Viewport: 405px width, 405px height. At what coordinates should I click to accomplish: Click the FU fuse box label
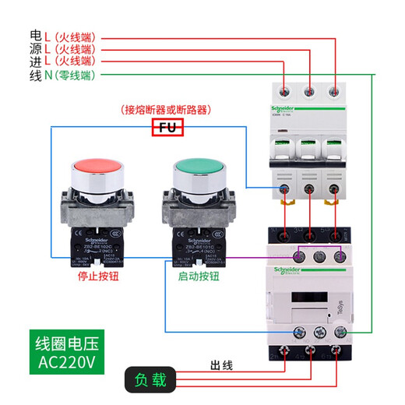click(x=167, y=128)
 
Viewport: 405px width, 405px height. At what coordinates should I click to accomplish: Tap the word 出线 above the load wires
click(x=224, y=364)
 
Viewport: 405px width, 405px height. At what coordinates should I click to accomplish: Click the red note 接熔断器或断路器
click(x=167, y=109)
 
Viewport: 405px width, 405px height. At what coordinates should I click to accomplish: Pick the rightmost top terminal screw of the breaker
click(x=336, y=90)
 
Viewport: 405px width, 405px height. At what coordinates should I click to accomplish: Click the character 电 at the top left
click(x=34, y=36)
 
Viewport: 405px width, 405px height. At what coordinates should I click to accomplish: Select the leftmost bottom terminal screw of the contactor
click(x=298, y=333)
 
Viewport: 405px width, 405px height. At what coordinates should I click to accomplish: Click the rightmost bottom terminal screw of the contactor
click(x=340, y=333)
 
